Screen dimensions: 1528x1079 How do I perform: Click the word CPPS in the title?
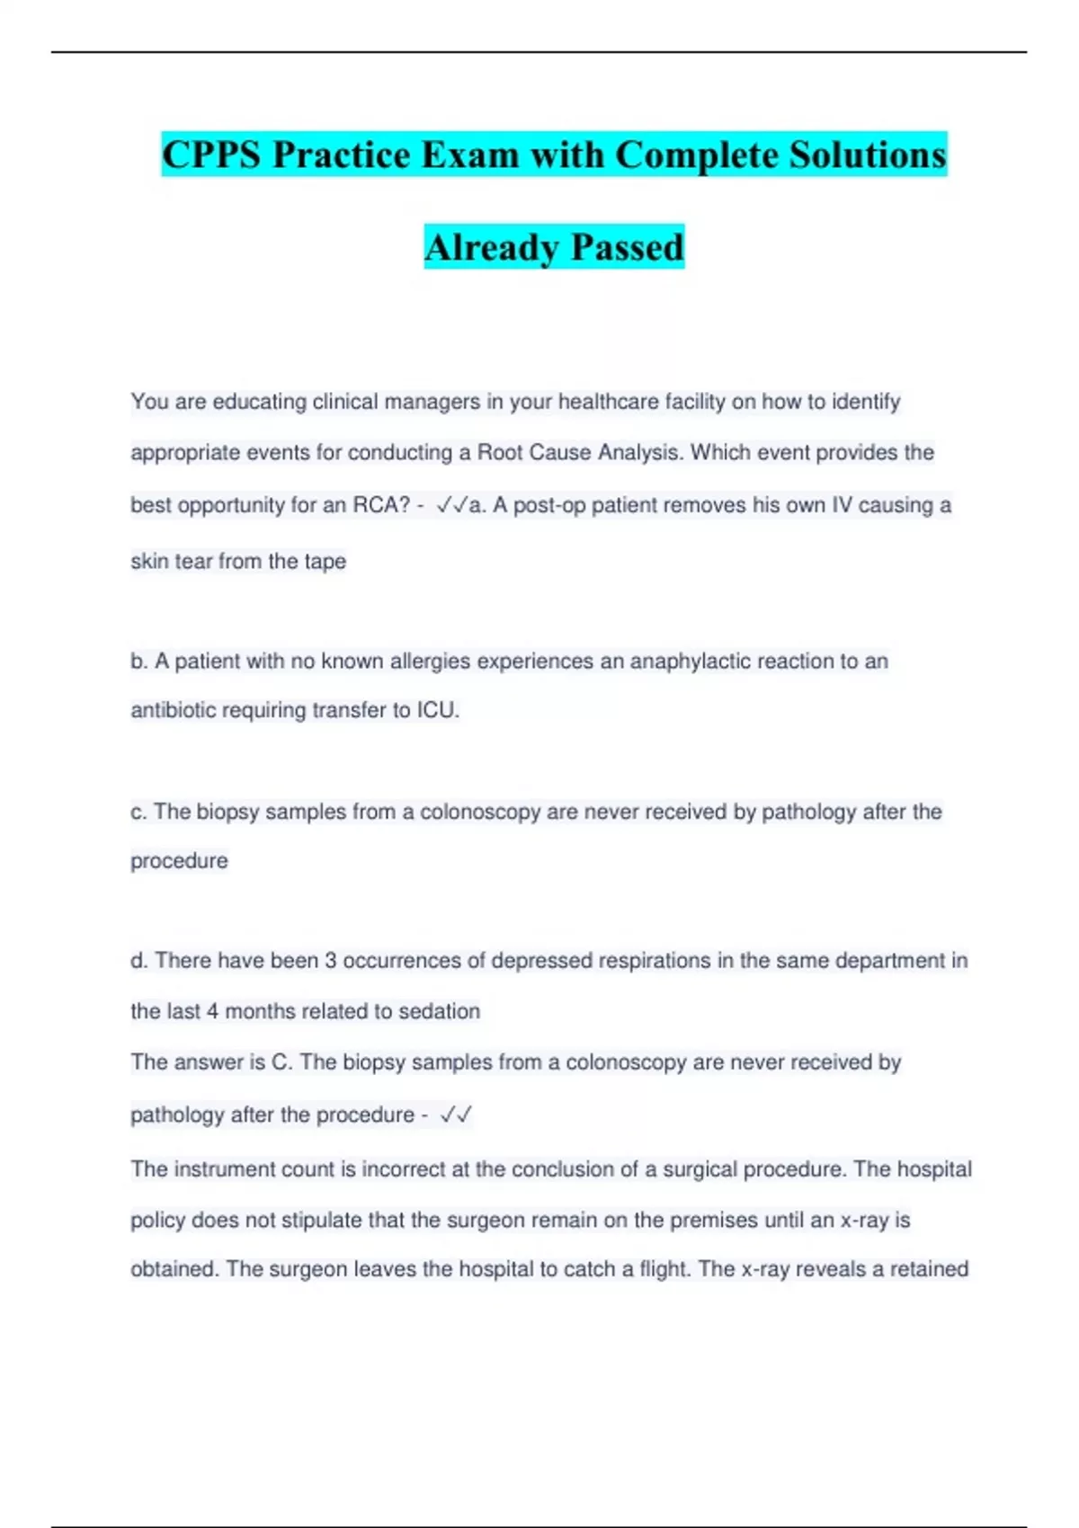tap(210, 155)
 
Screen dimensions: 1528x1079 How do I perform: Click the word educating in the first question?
tap(260, 402)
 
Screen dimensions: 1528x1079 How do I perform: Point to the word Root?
tap(500, 452)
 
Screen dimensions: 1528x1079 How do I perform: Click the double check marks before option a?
tap(450, 505)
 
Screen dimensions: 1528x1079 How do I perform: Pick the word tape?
tap(325, 561)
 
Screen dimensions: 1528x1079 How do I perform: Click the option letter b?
tap(138, 662)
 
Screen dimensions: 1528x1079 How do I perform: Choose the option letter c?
tap(138, 812)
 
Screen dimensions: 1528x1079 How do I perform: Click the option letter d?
tap(138, 961)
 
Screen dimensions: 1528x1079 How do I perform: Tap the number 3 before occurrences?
tap(330, 961)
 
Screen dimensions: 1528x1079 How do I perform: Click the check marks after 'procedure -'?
tap(456, 1115)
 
